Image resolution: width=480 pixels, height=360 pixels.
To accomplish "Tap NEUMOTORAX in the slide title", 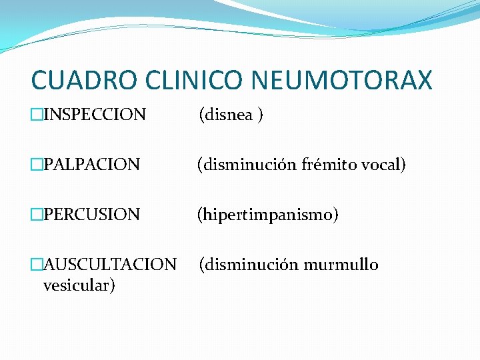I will [342, 81].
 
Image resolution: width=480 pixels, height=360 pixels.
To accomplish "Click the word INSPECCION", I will [95, 115].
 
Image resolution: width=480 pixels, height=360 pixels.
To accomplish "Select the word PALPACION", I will [91, 164].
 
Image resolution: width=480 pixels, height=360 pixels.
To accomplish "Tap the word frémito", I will [324, 164].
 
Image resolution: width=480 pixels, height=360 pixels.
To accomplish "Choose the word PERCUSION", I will [91, 215].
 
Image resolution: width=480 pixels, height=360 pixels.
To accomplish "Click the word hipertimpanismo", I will [267, 215].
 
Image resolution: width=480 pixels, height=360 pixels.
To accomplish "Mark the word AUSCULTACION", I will [110, 265].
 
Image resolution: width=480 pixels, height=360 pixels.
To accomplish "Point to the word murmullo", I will [341, 265].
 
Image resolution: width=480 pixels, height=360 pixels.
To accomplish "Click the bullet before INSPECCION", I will [37, 115].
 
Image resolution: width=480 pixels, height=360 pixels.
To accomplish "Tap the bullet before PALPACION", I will [37, 164].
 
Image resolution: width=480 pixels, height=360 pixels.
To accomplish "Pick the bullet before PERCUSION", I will [37, 215].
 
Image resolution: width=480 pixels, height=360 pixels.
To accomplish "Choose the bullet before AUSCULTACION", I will [37, 265].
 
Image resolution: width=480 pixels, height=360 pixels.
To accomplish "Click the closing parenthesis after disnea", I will [261, 115].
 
